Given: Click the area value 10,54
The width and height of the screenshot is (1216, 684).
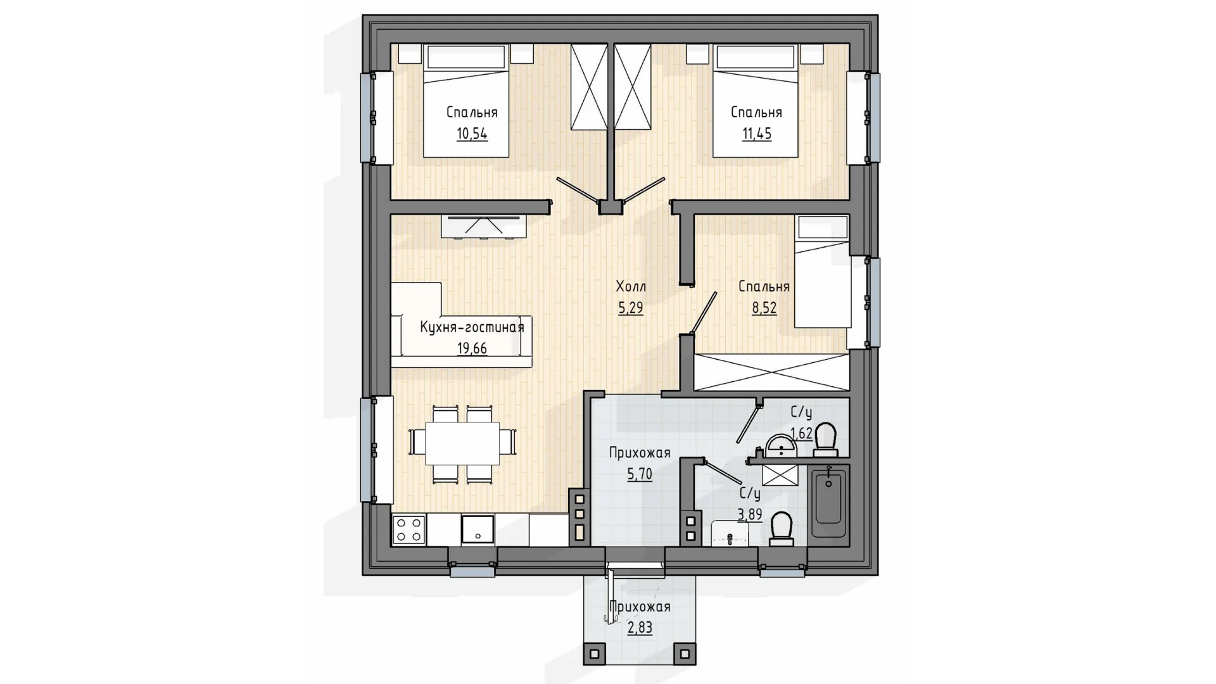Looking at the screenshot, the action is click(472, 134).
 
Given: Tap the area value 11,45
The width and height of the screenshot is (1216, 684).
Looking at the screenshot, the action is click(757, 134).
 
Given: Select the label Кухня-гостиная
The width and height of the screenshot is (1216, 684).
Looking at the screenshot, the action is click(472, 327).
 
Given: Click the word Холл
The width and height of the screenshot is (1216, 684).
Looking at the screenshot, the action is click(631, 286).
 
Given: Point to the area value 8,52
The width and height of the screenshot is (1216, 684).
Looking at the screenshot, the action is click(764, 308).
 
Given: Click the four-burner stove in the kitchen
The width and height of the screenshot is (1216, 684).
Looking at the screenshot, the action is click(408, 529).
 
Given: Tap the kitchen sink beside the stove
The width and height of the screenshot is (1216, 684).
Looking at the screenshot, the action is click(478, 529).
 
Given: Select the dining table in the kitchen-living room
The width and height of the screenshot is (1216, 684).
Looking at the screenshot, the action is click(462, 443).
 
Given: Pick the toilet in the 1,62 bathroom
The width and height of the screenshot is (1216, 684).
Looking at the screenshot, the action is click(825, 440).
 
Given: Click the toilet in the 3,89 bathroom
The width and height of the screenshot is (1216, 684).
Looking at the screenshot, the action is click(781, 529).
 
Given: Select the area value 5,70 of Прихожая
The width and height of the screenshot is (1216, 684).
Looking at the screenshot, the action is click(640, 474).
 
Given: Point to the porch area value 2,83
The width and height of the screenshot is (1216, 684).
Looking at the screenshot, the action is click(640, 628).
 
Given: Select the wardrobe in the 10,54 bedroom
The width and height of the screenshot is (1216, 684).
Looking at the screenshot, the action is click(589, 87).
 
